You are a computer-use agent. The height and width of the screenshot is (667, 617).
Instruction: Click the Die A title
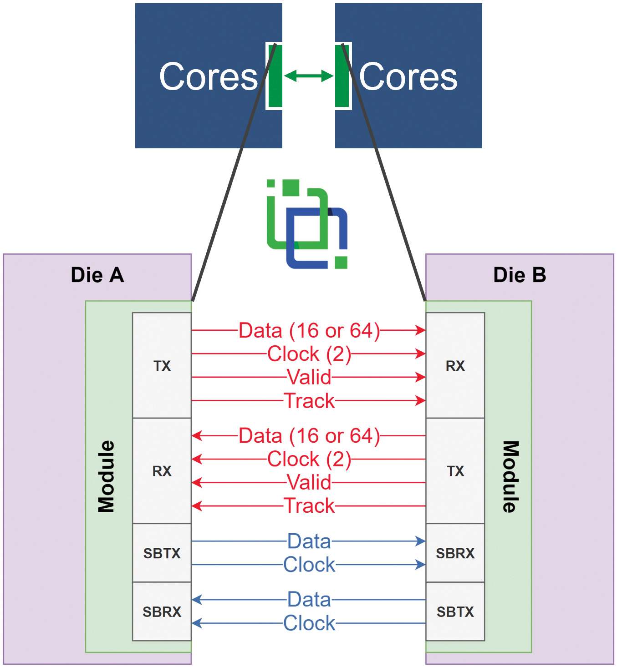point(97,275)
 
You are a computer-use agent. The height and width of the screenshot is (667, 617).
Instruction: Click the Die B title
point(520,275)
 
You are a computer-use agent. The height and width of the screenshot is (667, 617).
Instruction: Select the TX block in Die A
point(162,365)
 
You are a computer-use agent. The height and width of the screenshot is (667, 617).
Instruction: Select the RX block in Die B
point(455,365)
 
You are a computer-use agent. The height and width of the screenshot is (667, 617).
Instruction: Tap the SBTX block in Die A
point(162,553)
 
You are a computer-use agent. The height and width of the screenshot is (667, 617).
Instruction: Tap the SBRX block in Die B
point(455,553)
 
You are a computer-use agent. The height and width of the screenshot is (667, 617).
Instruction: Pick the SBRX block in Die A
point(162,611)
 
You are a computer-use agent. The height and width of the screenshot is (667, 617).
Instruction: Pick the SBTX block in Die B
point(455,611)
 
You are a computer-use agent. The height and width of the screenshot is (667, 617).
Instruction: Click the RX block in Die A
point(162,470)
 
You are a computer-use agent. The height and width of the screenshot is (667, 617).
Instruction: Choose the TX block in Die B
point(455,470)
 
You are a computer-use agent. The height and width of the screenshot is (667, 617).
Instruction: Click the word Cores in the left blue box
point(209,76)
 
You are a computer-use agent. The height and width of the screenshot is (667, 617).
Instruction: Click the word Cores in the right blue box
point(408,76)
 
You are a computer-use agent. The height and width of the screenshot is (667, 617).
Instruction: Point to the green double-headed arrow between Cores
point(309,76)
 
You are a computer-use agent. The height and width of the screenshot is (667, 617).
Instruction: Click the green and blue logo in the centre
point(307,224)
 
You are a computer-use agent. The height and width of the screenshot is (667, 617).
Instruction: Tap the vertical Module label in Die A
point(107,476)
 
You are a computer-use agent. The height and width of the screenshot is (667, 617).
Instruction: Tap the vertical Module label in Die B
point(510,476)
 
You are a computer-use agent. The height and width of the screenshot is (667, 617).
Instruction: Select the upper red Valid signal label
point(309,377)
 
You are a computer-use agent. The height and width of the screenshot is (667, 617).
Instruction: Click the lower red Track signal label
point(309,505)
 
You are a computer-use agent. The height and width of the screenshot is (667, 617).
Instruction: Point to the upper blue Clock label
point(309,565)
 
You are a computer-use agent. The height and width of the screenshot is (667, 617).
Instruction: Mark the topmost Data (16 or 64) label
point(309,330)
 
